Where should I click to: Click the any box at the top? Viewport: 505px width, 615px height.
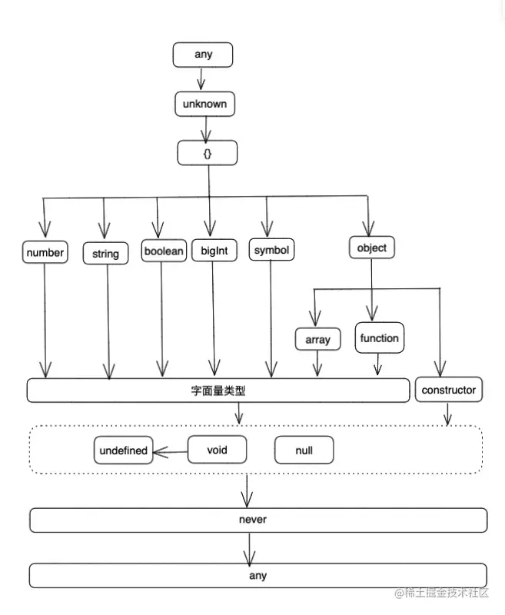coord(203,55)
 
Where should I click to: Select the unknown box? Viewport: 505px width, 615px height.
coord(204,104)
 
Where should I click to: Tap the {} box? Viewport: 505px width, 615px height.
coord(208,153)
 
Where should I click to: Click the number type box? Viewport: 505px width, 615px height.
coord(45,251)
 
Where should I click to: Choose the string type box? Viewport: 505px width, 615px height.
coord(105,253)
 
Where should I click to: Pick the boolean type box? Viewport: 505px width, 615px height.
coord(164,251)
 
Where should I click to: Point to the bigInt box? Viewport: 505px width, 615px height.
coord(214,251)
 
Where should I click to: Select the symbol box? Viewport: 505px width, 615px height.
coord(272,251)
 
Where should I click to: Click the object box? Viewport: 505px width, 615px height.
coord(372,248)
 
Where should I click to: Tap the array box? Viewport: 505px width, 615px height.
coord(317,339)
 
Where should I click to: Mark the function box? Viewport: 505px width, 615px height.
coord(379,337)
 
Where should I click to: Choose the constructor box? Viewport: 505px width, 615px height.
coord(449,390)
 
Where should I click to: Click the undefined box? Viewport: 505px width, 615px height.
coord(123,450)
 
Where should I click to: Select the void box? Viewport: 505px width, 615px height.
coord(218,450)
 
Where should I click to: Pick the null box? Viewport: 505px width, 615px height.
coord(304,450)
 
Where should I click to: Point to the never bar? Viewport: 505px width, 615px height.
coord(257,520)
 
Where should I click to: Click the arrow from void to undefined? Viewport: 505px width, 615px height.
coord(170,451)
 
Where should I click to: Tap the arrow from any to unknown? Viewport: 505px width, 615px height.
coord(201,79)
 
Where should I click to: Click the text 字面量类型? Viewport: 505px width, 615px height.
coord(218,391)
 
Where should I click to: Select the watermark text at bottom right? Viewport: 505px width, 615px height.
coord(442,593)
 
